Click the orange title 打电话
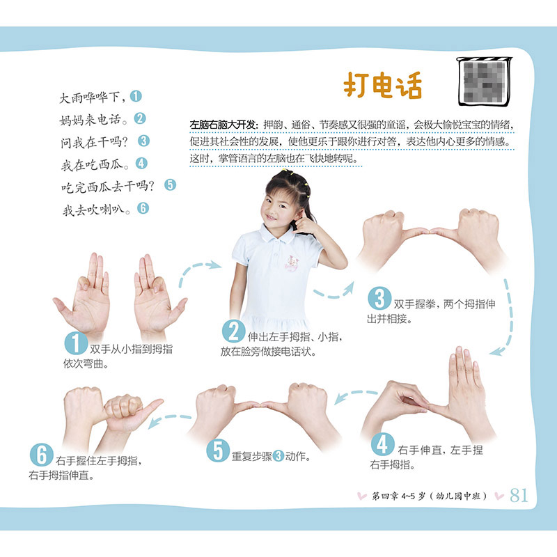click(x=382, y=84)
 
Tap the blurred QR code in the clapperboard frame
click(x=485, y=82)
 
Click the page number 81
click(x=519, y=495)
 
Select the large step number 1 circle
click(x=76, y=343)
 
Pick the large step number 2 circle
click(x=233, y=331)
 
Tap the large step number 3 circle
click(x=379, y=298)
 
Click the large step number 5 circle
click(x=218, y=450)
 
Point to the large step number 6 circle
click(x=42, y=455)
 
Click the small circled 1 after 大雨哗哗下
click(x=136, y=96)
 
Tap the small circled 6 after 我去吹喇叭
click(x=143, y=207)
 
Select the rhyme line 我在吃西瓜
click(x=95, y=164)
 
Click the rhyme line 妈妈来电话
click(x=93, y=120)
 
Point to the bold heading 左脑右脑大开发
click(x=223, y=125)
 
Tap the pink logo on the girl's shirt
click(x=292, y=262)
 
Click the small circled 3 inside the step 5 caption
click(x=278, y=456)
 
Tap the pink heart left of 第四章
click(x=361, y=496)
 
